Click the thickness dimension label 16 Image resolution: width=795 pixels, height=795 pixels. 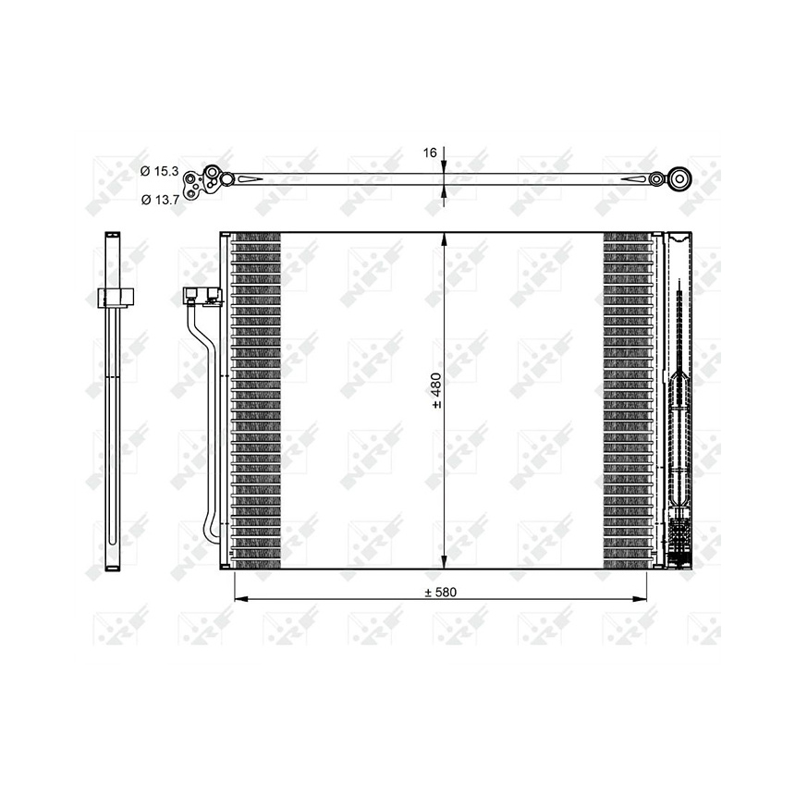[x=430, y=153]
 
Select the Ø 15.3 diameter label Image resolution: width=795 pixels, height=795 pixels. [x=160, y=171]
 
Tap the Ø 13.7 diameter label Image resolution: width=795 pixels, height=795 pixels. [x=160, y=200]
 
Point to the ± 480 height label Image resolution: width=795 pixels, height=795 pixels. [x=436, y=390]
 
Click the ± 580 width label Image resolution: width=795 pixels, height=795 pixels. [x=441, y=593]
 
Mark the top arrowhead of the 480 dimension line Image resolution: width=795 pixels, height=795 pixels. [x=444, y=239]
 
